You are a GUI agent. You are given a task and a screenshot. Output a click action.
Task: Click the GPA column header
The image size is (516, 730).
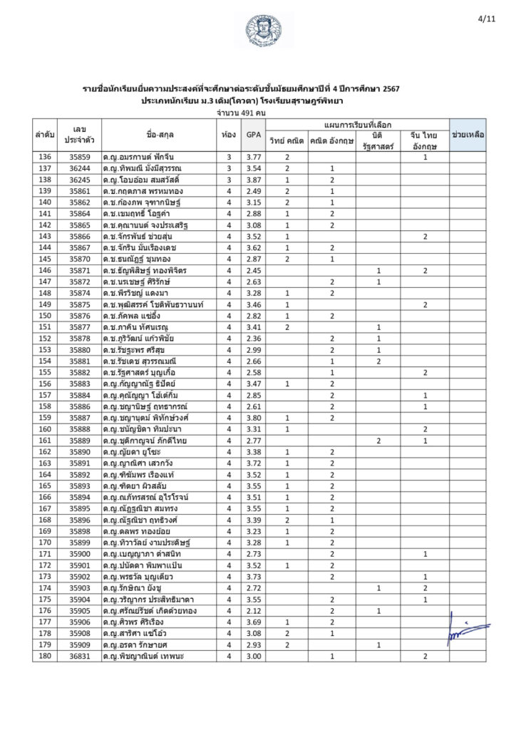coord(252,134)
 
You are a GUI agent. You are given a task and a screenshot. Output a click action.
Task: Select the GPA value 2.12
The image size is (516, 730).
coord(252,610)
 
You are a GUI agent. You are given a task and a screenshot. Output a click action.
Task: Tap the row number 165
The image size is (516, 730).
coord(45,485)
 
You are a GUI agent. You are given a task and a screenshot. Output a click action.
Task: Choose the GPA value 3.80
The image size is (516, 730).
coord(252,418)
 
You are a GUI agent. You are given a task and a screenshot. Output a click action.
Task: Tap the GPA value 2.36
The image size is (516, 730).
coord(252,338)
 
